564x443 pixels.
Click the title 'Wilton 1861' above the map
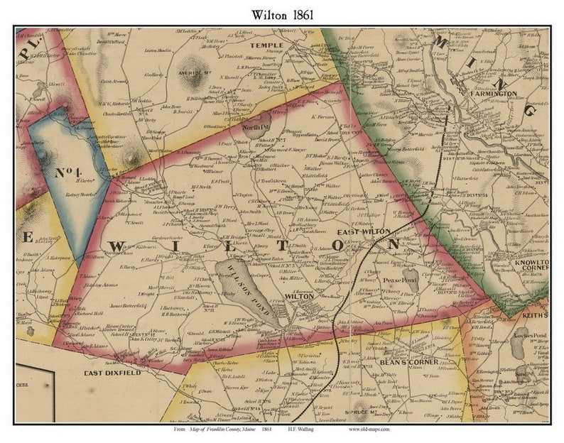point(282,13)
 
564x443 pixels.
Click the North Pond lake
point(254,123)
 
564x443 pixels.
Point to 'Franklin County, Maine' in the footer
point(217,430)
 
